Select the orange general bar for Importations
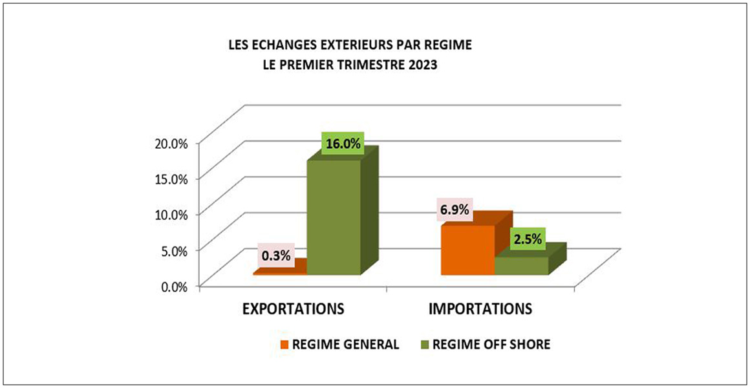click(467, 250)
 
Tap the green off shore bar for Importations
click(521, 266)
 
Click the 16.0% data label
click(343, 144)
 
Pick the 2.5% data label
click(527, 239)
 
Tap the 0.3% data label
click(275, 254)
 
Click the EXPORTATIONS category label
click(292, 308)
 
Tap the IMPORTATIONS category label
click(480, 308)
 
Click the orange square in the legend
click(284, 345)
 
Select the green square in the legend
click(424, 345)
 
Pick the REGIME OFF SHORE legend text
click(491, 345)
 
